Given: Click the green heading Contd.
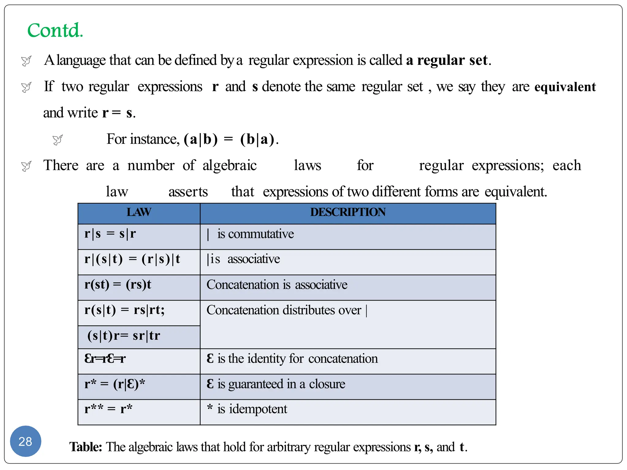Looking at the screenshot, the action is [x=55, y=30].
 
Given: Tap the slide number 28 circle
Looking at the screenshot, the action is [x=25, y=441].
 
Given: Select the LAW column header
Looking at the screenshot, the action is [x=139, y=212].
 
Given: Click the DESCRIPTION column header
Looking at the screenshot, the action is [x=348, y=212].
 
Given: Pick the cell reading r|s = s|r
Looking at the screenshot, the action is [x=110, y=234].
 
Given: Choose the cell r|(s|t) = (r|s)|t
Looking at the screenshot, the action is [x=132, y=259].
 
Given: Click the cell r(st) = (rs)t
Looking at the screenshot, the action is [x=118, y=285].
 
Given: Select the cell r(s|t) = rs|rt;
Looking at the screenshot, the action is [x=125, y=310].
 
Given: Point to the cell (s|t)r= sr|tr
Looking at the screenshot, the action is [x=124, y=336].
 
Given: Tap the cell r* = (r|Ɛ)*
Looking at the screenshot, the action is [x=115, y=384].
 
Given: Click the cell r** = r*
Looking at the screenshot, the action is [x=108, y=409].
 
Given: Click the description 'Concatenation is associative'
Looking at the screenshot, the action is [x=277, y=285].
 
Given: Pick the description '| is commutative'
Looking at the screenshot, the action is [x=250, y=234].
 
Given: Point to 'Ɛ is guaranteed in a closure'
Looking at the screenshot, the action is [x=276, y=384].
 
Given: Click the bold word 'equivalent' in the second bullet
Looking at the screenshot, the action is [x=565, y=87].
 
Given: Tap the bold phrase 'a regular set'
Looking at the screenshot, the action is [x=447, y=60].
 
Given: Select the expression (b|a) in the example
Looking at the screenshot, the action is [x=257, y=139].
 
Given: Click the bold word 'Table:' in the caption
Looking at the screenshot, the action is [x=85, y=447].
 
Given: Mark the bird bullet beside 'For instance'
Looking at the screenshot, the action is [x=58, y=140].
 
